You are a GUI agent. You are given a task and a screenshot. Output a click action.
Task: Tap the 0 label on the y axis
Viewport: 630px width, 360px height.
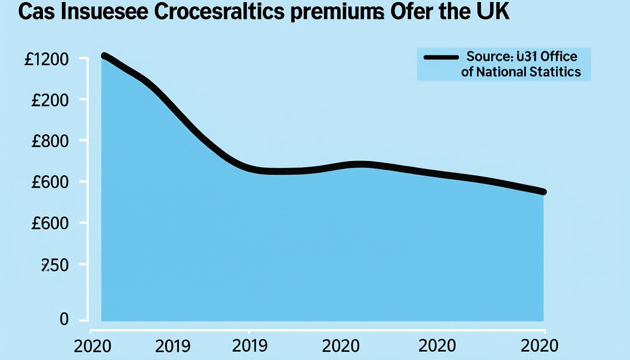pos(64,320)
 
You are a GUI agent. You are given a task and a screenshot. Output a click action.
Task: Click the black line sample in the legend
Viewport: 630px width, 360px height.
pos(441,58)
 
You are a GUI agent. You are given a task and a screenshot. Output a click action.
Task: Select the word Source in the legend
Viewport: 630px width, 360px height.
pos(488,57)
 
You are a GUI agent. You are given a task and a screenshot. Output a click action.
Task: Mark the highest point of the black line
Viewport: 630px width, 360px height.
pos(104,56)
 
